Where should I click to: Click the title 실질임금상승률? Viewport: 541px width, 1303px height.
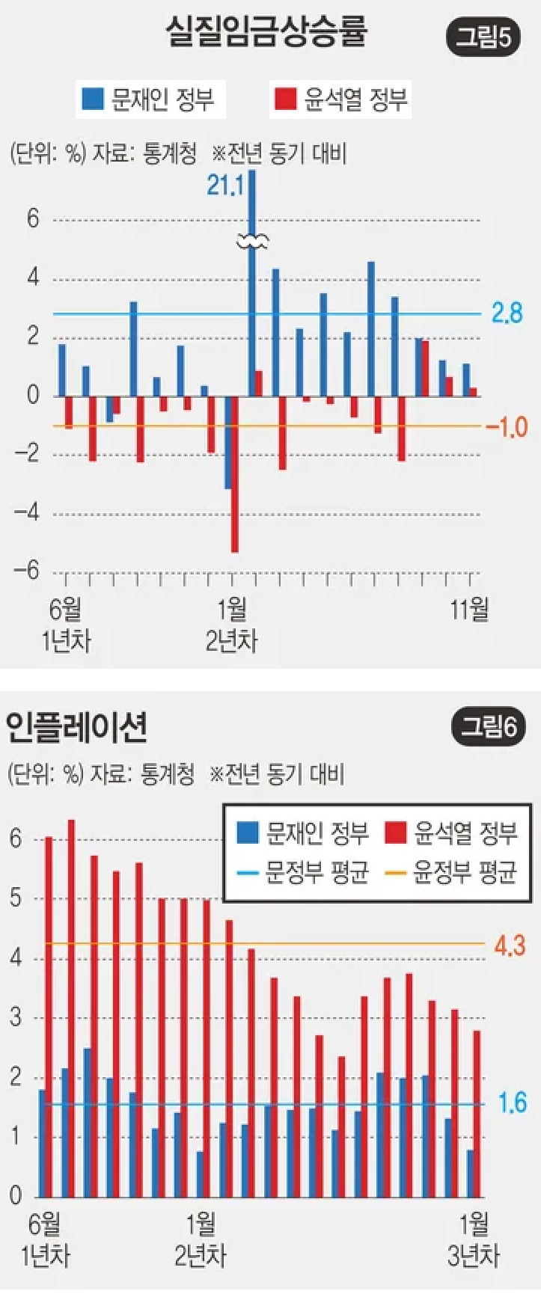(x=266, y=34)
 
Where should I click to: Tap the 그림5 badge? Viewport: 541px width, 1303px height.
(x=486, y=37)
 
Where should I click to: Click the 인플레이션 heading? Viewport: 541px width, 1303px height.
(x=76, y=727)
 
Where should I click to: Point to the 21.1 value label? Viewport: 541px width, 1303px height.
(x=225, y=184)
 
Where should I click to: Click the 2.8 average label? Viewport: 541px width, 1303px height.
(x=507, y=313)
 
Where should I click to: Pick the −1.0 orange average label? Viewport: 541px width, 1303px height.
(x=507, y=427)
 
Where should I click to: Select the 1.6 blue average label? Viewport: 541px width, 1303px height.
(x=513, y=1103)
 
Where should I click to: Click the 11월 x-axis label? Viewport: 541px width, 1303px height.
(x=469, y=610)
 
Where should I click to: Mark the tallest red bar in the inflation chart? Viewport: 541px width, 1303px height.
(x=72, y=1006)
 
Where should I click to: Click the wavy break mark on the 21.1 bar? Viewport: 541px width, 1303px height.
(x=252, y=241)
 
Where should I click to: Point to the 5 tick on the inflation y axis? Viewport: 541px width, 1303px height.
(x=16, y=898)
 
